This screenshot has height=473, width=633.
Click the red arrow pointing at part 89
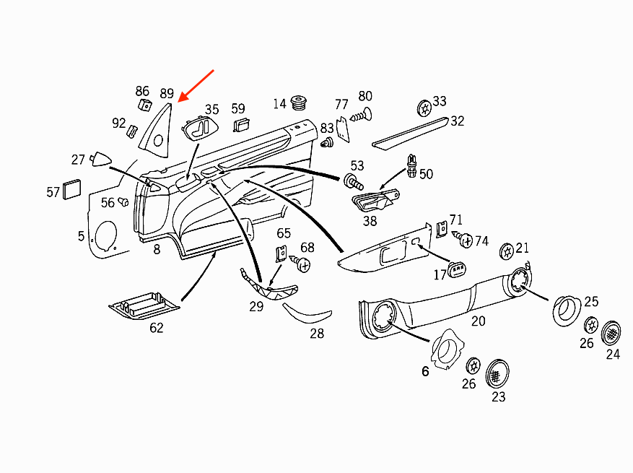coord(197,86)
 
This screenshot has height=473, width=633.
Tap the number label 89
coord(167,94)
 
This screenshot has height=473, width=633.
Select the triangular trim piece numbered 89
coord(159,130)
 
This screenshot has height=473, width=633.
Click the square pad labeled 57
coord(72,188)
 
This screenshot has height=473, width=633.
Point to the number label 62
coord(156,328)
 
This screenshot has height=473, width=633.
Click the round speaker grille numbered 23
coord(497,373)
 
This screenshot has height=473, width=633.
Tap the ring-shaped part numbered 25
coord(567,310)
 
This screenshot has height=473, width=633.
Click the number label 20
coord(478,321)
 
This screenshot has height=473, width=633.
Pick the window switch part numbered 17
coord(458,271)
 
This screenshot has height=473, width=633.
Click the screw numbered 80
coord(361,113)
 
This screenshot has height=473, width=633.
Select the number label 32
coord(458,121)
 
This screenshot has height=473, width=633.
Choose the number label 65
coord(284,233)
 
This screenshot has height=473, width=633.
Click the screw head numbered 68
coord(304,265)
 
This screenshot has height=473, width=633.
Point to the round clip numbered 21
coord(507,251)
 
